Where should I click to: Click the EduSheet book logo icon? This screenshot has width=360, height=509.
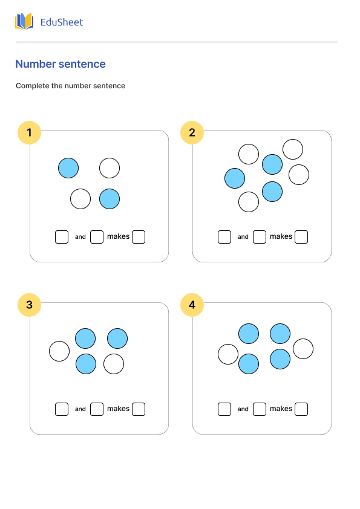click(x=24, y=22)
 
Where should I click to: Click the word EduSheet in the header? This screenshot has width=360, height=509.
click(x=61, y=22)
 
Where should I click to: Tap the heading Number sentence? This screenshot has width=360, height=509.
click(x=61, y=64)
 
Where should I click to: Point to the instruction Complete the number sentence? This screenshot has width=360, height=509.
click(x=70, y=86)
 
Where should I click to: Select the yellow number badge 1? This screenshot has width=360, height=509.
click(x=29, y=133)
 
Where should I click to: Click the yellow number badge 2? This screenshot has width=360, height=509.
click(x=192, y=133)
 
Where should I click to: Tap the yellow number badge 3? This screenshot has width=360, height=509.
click(x=29, y=305)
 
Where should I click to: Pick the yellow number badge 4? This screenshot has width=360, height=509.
click(x=192, y=305)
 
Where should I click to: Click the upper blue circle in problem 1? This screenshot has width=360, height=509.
click(x=68, y=168)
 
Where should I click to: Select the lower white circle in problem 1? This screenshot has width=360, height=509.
click(x=80, y=199)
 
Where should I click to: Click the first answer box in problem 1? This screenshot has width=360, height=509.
click(x=62, y=237)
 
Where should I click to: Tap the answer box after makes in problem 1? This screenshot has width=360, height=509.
click(x=139, y=237)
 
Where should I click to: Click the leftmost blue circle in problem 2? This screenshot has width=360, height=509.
click(x=235, y=178)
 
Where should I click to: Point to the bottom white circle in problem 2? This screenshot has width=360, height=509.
click(x=249, y=202)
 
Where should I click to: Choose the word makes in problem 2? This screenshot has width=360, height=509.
click(x=281, y=237)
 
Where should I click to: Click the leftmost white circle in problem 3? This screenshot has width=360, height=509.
click(x=59, y=351)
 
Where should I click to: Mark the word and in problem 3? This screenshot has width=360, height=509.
click(x=80, y=409)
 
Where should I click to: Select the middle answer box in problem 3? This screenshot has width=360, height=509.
click(x=97, y=409)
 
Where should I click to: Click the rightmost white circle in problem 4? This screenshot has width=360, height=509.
click(x=303, y=349)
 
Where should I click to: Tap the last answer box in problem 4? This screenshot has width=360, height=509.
click(x=301, y=409)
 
